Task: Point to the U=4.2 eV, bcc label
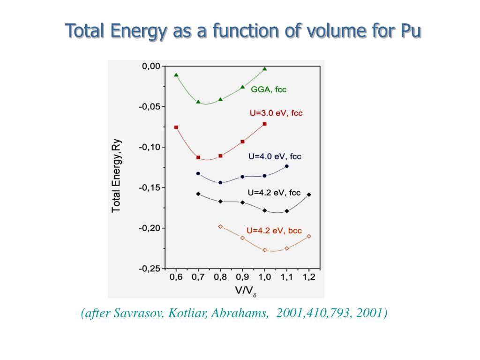pos(274,230)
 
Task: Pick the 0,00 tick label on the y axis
pos(151,66)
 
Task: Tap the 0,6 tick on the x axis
pos(176,277)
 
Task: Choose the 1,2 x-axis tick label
pos(309,277)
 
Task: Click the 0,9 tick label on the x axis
pos(242,277)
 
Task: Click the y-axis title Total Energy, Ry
pos(116,175)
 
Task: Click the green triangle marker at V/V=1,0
pos(265,69)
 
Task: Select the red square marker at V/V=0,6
pos(176,127)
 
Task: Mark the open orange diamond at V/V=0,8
pos(220,226)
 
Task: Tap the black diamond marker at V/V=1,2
pos(309,194)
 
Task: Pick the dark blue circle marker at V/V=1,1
pos(287,166)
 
